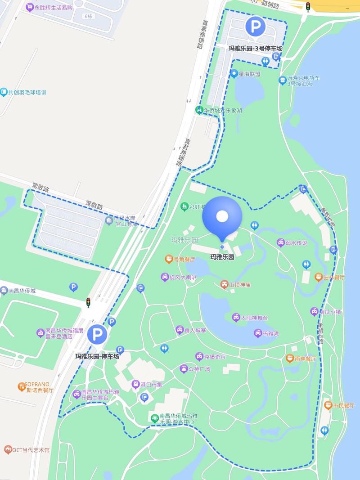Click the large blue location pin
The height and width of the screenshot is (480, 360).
[x=222, y=218]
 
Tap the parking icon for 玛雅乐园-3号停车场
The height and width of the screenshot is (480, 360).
[x=255, y=27]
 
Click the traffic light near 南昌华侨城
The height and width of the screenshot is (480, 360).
[x=88, y=303]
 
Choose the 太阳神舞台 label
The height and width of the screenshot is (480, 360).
[x=254, y=318]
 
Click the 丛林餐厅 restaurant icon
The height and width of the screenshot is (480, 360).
[x=318, y=277]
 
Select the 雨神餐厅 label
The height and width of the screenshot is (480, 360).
[x=305, y=359]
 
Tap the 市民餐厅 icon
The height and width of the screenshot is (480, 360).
[x=328, y=405]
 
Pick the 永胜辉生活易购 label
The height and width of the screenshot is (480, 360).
[x=54, y=7]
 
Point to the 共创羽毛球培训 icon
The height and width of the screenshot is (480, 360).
[x=4, y=92]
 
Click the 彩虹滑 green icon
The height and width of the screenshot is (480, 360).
[x=184, y=206]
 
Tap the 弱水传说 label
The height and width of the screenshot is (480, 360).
[x=297, y=243]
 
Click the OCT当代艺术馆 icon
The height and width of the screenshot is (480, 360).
[x=8, y=449]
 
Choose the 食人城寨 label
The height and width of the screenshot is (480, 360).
[x=195, y=330]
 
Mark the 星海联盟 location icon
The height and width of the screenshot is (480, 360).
[x=234, y=74]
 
